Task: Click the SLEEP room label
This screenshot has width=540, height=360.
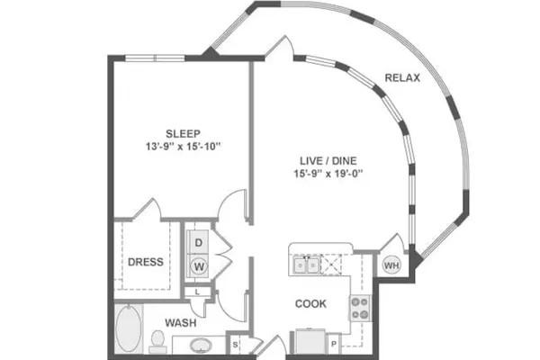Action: click(183, 133)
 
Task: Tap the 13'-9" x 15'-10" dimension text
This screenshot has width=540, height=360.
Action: click(183, 147)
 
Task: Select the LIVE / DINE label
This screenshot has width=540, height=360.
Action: click(328, 160)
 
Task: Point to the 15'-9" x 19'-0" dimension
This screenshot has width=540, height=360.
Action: click(328, 174)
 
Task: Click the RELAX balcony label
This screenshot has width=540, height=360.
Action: click(402, 78)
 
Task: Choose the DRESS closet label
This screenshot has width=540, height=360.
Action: click(146, 262)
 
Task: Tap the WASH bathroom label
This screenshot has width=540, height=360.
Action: click(181, 323)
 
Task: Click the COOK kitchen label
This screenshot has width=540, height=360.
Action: click(310, 303)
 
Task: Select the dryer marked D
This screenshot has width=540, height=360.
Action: click(198, 242)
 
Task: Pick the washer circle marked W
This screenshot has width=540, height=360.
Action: click(199, 266)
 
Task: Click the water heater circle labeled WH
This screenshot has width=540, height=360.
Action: click(391, 265)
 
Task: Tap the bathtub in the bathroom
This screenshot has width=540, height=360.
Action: click(128, 328)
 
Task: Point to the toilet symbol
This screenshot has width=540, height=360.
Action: click(157, 342)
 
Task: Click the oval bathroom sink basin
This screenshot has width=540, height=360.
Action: click(201, 345)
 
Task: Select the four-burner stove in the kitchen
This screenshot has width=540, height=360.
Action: click(361, 309)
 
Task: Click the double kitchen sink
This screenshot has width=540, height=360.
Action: click(306, 265)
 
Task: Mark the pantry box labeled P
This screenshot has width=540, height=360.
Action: click(333, 344)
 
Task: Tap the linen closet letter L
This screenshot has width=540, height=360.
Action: click(197, 292)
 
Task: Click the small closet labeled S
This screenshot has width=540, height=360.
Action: click(235, 344)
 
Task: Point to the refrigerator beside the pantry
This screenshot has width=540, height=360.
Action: click(310, 341)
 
